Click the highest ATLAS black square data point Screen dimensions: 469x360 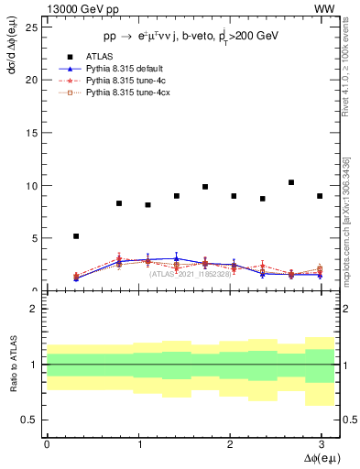click(x=291, y=182)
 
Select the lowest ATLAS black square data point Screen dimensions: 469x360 click(x=76, y=236)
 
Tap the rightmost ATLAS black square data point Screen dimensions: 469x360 click(x=320, y=196)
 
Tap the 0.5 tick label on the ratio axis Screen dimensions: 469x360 click(x=29, y=420)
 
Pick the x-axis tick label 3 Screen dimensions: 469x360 click(x=322, y=443)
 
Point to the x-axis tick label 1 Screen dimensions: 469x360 click(x=138, y=443)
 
